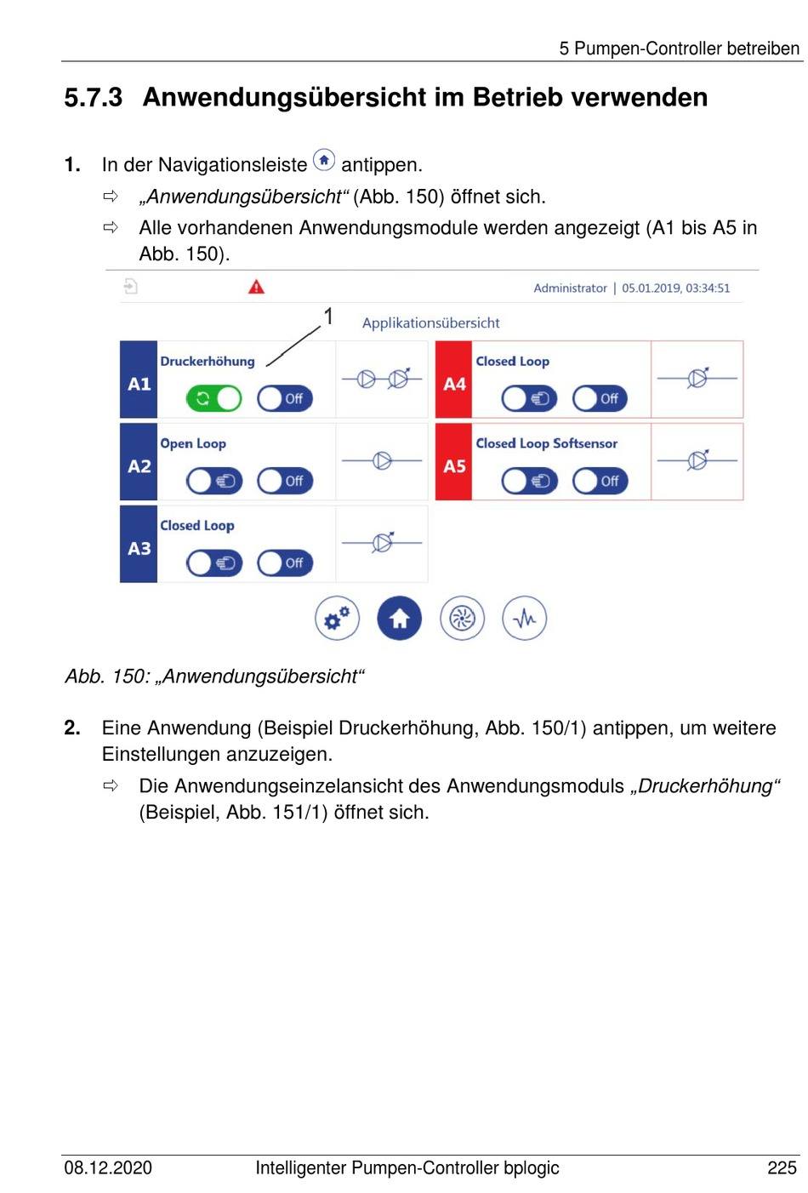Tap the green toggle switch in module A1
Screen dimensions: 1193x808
tap(214, 398)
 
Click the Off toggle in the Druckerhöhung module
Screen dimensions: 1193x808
tap(285, 398)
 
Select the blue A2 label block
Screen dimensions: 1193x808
tap(139, 465)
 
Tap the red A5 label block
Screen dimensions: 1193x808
tap(454, 465)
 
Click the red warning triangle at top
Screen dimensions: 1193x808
tap(256, 288)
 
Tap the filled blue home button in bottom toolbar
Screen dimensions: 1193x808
tap(400, 619)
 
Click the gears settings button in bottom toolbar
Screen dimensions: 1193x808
tap(337, 619)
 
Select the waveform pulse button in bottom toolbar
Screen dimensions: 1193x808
tap(525, 619)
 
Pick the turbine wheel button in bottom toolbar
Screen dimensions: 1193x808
tap(462, 619)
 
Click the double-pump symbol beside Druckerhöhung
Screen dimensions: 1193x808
tap(382, 380)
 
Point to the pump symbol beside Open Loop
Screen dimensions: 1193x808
tap(382, 461)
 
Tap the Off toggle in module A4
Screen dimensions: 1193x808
tap(600, 398)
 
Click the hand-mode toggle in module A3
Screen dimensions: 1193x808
tap(214, 562)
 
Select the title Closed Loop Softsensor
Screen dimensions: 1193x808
tap(546, 443)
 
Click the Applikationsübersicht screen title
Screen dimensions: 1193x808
tap(430, 323)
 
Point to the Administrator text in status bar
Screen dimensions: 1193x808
tap(570, 288)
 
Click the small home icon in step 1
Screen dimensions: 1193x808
tap(324, 160)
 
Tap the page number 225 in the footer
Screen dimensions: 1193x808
tap(782, 1167)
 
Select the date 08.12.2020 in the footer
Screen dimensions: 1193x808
tap(108, 1167)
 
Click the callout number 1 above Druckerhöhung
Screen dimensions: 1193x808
tap(328, 317)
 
